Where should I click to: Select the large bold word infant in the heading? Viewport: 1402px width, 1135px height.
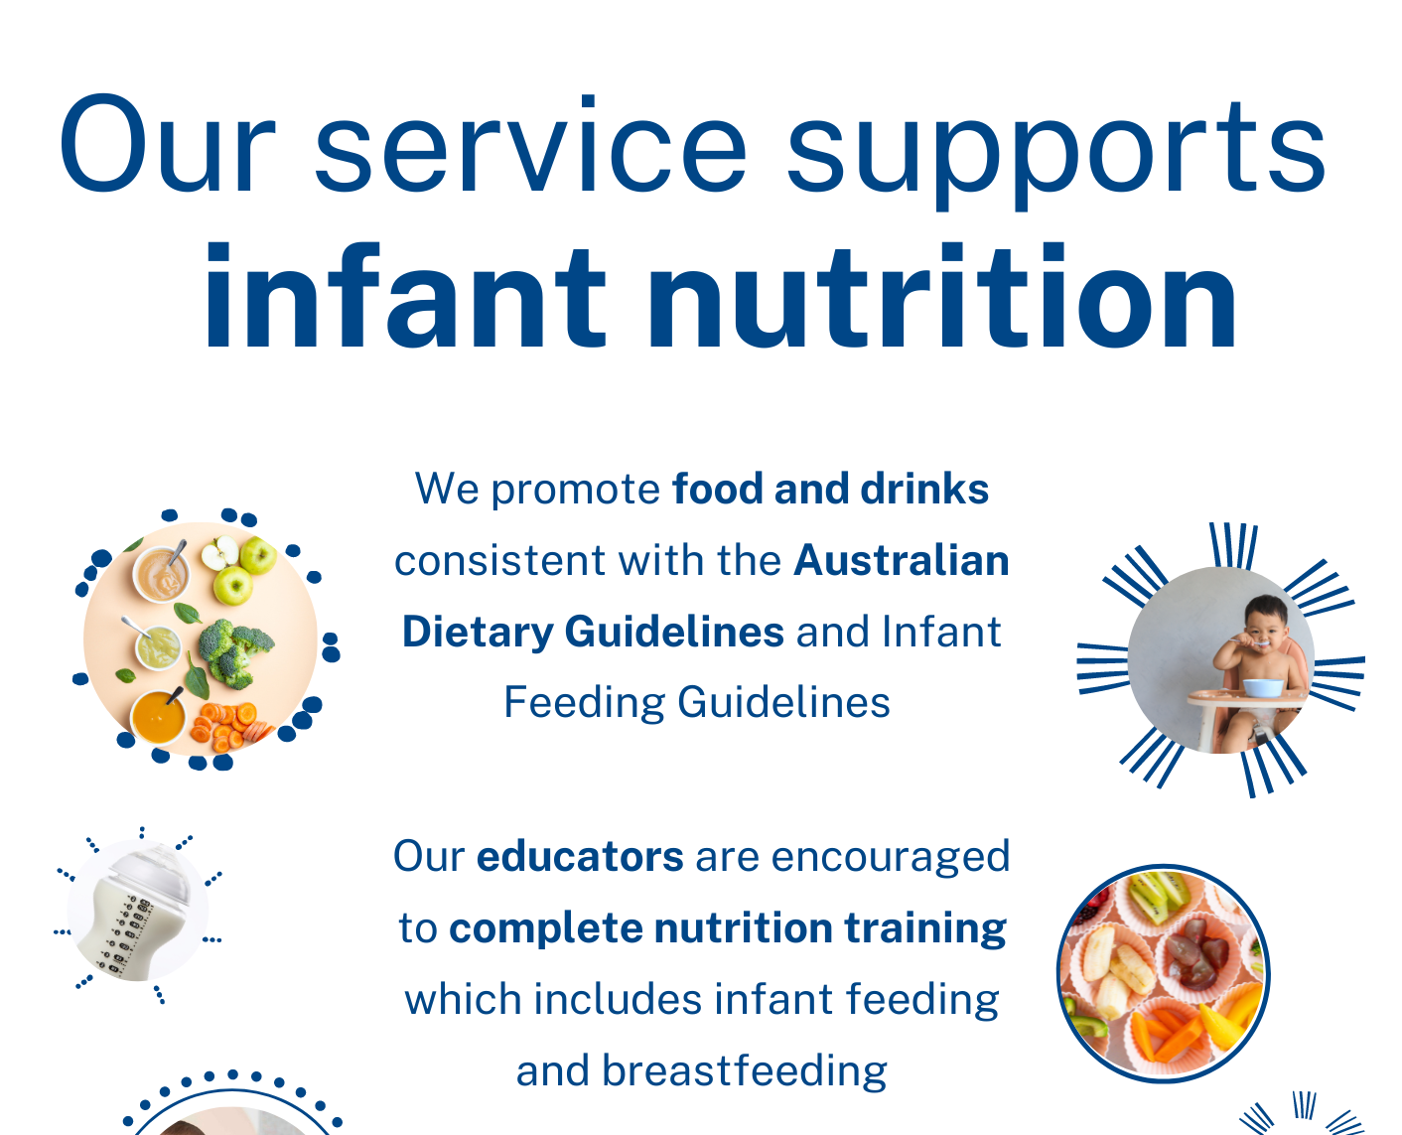[x=403, y=297]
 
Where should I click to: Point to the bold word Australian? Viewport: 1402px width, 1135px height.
[x=901, y=561]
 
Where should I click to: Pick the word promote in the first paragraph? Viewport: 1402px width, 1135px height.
[x=575, y=490]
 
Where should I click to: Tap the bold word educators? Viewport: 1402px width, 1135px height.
[x=580, y=857]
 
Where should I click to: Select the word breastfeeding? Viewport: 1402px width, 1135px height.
[x=744, y=1071]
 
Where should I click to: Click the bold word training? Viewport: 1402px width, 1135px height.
[x=925, y=928]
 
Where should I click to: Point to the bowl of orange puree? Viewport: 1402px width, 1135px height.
[x=159, y=716]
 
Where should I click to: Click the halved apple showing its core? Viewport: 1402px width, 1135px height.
[x=219, y=552]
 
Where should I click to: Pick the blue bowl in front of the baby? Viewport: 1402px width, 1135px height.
[x=1260, y=687]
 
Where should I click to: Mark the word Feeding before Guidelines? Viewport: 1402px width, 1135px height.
[x=584, y=703]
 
